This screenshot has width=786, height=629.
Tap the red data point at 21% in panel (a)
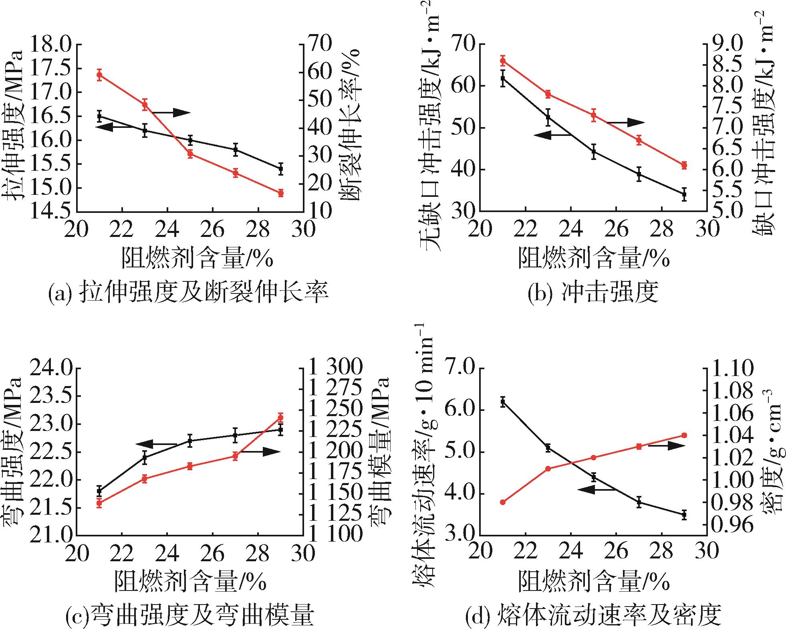[x=100, y=75]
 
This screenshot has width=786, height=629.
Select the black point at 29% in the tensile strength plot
[x=280, y=168]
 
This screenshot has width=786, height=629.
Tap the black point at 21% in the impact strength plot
[x=503, y=79]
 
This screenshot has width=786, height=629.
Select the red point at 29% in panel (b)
[x=684, y=165]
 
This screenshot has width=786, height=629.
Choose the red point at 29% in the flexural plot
[x=280, y=418]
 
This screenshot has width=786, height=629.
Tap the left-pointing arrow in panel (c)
[x=156, y=444]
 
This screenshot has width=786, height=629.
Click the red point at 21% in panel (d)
[x=503, y=502]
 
